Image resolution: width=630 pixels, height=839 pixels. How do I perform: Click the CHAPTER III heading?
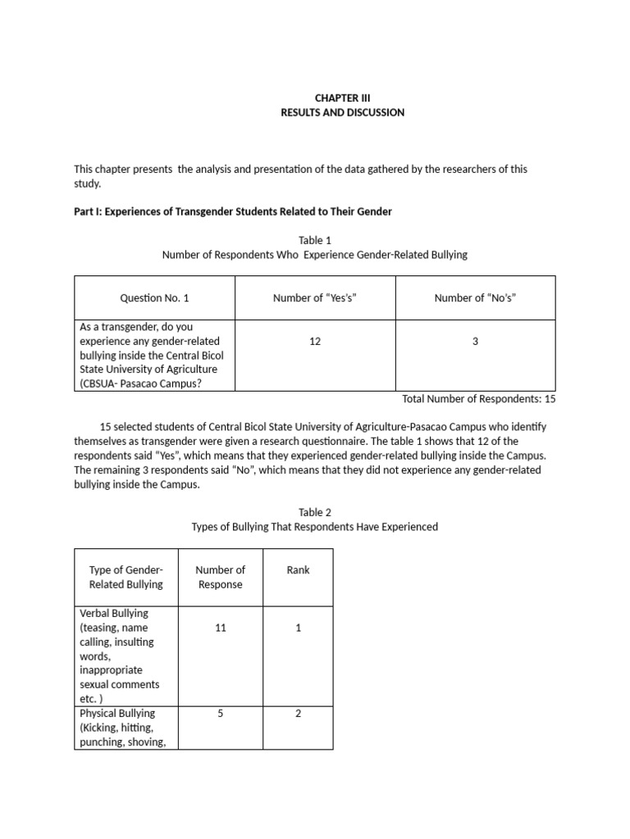pyautogui.click(x=342, y=98)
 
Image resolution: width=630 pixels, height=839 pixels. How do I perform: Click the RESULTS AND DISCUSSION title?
pyautogui.click(x=342, y=112)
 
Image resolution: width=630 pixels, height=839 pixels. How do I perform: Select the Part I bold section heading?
pyautogui.click(x=233, y=211)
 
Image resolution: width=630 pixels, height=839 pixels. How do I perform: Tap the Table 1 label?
pyautogui.click(x=315, y=240)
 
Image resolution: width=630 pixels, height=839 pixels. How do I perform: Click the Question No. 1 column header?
pyautogui.click(x=154, y=298)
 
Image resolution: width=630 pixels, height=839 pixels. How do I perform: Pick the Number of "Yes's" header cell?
pyautogui.click(x=315, y=298)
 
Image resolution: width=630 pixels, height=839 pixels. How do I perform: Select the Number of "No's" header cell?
pyautogui.click(x=475, y=298)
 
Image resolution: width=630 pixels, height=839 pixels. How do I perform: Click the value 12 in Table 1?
pyautogui.click(x=315, y=341)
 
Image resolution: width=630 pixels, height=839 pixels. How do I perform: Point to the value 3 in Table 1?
pyautogui.click(x=475, y=341)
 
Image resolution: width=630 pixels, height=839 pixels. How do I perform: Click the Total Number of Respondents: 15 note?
pyautogui.click(x=479, y=399)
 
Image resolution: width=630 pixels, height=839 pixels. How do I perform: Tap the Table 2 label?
pyautogui.click(x=315, y=512)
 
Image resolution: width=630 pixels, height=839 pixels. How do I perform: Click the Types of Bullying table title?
pyautogui.click(x=315, y=527)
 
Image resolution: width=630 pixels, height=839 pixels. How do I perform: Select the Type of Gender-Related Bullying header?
pyautogui.click(x=126, y=577)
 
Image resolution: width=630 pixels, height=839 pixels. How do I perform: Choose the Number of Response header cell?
pyautogui.click(x=220, y=577)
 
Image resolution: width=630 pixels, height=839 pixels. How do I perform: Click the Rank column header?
pyautogui.click(x=299, y=569)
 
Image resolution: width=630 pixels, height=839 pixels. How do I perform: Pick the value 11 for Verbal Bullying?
pyautogui.click(x=220, y=628)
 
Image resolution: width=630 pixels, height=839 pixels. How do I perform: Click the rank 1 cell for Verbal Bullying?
pyautogui.click(x=299, y=628)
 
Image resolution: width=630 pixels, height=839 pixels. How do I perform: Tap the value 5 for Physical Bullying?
pyautogui.click(x=220, y=714)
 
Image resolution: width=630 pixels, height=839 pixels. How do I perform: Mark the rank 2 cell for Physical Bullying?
pyautogui.click(x=299, y=714)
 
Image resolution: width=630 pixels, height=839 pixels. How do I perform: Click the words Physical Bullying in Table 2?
pyautogui.click(x=117, y=714)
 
